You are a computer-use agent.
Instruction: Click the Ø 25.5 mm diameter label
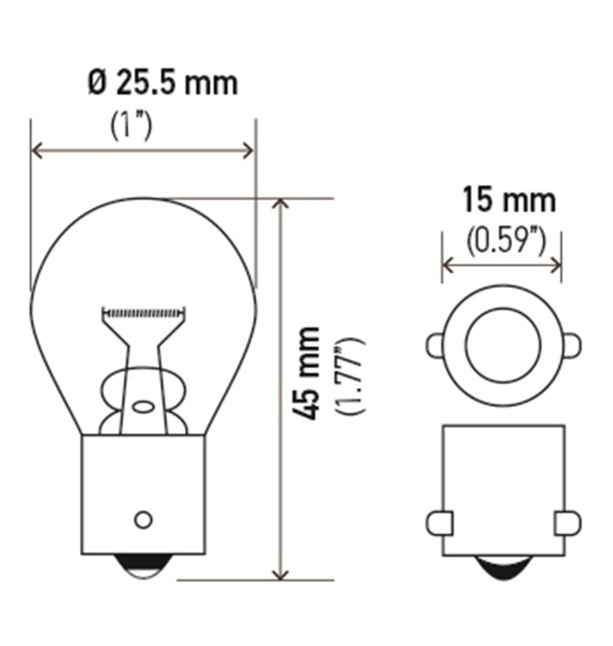(x=162, y=82)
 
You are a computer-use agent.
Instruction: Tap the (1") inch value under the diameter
(x=130, y=125)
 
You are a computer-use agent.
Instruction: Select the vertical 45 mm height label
(x=308, y=372)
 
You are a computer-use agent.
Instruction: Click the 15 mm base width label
(x=508, y=202)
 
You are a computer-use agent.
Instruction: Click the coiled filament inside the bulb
(x=144, y=313)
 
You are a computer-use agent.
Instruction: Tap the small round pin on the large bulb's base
(x=143, y=520)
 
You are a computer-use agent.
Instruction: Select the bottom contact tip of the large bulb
(x=143, y=567)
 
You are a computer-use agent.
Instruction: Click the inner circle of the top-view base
(x=503, y=346)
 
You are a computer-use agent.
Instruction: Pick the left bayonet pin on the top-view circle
(x=435, y=346)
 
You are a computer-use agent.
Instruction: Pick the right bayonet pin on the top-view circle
(x=571, y=346)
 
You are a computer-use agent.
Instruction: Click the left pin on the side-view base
(x=438, y=523)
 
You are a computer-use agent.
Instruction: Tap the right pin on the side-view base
(x=568, y=523)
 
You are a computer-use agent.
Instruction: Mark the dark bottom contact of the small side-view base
(x=503, y=568)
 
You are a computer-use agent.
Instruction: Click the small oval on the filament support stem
(x=143, y=406)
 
